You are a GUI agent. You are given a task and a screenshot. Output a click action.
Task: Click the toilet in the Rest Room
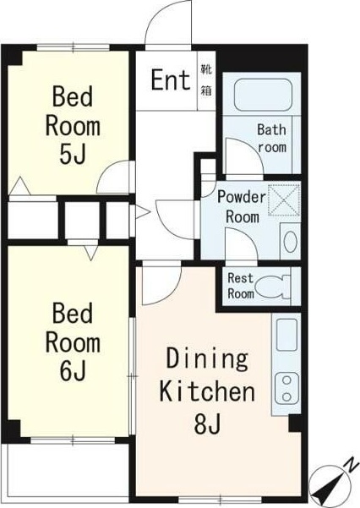pyautogui.click(x=273, y=287)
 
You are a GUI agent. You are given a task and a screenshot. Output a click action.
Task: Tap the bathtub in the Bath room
pyautogui.click(x=263, y=95)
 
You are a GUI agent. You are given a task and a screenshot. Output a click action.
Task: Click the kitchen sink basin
pyautogui.click(x=286, y=335)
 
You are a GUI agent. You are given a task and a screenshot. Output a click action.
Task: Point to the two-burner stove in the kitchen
pyautogui.click(x=286, y=389)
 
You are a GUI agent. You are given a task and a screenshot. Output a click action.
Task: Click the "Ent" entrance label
pyautogui.click(x=171, y=80)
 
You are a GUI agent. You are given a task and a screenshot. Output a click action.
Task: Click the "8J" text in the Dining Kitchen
pyautogui.click(x=208, y=423)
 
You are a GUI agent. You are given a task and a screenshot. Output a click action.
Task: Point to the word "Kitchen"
pyautogui.click(x=207, y=391)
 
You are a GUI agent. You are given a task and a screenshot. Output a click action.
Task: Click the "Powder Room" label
pyautogui.click(x=242, y=207)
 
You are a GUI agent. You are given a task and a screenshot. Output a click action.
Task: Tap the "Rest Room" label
pyautogui.click(x=241, y=286)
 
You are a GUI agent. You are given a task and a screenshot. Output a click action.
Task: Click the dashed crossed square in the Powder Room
pyautogui.click(x=284, y=199)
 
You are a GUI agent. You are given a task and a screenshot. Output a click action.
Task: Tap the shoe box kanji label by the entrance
pyautogui.click(x=206, y=80)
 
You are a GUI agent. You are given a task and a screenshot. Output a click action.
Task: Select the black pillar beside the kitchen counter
pyautogui.click(x=294, y=423)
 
